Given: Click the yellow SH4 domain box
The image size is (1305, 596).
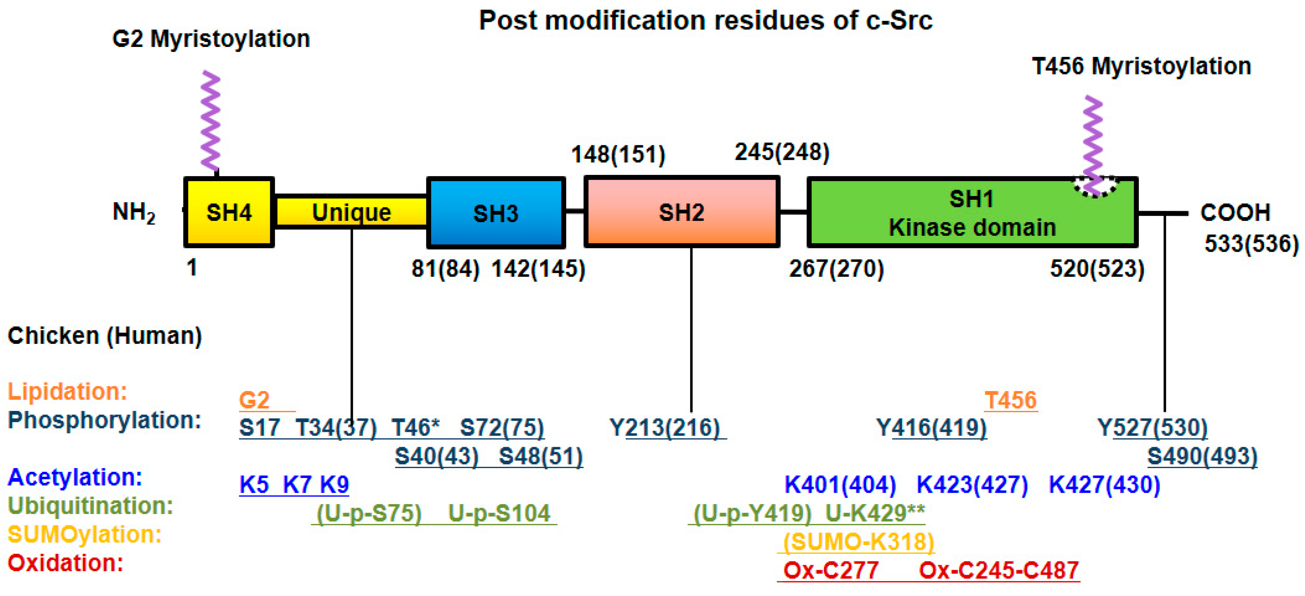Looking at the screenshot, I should pos(229,212).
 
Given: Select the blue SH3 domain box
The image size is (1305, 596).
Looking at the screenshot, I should pos(496,213).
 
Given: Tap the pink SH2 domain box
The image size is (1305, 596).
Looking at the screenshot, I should pos(681,212).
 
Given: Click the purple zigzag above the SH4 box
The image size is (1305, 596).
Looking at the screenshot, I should pos(210,122).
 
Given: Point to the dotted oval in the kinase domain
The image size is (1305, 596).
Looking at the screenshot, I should pos(1095,186).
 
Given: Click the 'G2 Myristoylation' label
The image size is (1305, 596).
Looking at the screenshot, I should pos(211,39).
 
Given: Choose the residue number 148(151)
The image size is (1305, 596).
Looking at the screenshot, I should pos(618,154).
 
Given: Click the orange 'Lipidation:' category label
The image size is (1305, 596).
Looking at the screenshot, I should pos(67,391).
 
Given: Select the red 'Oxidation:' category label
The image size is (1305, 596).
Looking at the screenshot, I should pos(66,563).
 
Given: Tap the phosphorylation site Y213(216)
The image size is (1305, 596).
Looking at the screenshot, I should pos(665,428).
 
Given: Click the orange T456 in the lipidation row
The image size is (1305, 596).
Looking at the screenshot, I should pos(1011,400).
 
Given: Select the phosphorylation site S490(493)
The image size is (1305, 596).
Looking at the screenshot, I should pos(1202,456).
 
